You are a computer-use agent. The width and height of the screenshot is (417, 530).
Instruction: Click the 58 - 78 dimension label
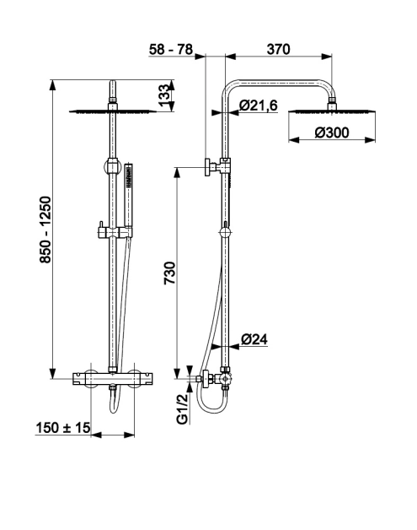coord(171,49)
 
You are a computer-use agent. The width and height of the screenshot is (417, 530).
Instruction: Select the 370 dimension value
coord(278,49)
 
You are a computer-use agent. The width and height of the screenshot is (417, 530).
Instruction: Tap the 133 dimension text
coord(164,95)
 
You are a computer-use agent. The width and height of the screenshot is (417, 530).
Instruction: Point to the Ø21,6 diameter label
coord(259,105)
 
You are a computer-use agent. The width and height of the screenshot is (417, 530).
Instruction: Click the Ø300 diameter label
coord(332,132)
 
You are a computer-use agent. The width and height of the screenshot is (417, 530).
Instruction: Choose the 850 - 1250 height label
coord(45,230)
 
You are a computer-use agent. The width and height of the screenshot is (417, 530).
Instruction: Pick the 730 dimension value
coord(169,273)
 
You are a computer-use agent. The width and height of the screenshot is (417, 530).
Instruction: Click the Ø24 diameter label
coord(254,339)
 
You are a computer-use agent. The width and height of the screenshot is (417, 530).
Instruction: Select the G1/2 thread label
coord(182,408)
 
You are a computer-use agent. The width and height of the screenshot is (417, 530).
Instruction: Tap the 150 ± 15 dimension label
coord(63,428)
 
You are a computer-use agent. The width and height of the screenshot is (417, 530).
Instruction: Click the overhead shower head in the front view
coord(113,111)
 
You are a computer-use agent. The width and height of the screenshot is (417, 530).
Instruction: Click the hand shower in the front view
coord(128,195)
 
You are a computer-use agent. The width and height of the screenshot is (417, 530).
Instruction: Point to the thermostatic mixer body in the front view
coord(113,379)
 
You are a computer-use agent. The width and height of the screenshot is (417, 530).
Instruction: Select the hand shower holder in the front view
coord(115,233)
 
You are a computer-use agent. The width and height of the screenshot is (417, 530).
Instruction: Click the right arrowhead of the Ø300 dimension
coord(371,139)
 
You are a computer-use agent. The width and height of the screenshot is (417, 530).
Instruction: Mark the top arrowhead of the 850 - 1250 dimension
coord(52,85)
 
